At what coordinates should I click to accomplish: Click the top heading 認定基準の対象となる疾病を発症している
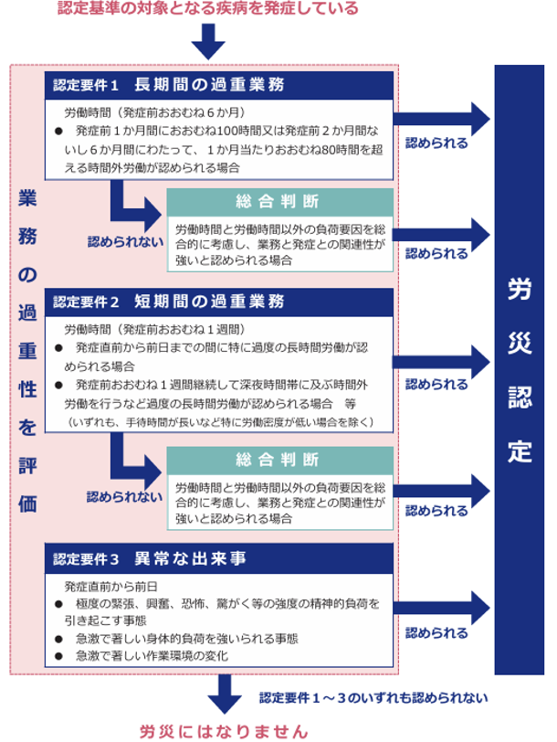point(208,8)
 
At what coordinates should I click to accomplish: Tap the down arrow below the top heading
point(208,42)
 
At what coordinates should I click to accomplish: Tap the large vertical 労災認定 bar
point(520,369)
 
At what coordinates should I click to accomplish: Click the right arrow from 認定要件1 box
point(442,119)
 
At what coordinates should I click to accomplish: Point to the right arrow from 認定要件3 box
point(442,608)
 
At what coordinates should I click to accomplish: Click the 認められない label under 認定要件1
point(126,242)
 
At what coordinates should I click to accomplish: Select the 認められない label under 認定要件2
point(125,497)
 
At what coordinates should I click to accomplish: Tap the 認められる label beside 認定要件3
point(436,633)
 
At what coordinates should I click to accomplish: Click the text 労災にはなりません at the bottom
point(224,732)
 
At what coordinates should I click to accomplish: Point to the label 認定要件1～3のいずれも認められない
point(373,698)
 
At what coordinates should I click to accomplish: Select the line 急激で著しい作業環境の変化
point(152,656)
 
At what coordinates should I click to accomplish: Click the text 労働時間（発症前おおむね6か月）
point(155,112)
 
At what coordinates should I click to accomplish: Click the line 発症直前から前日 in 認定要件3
point(111,587)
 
